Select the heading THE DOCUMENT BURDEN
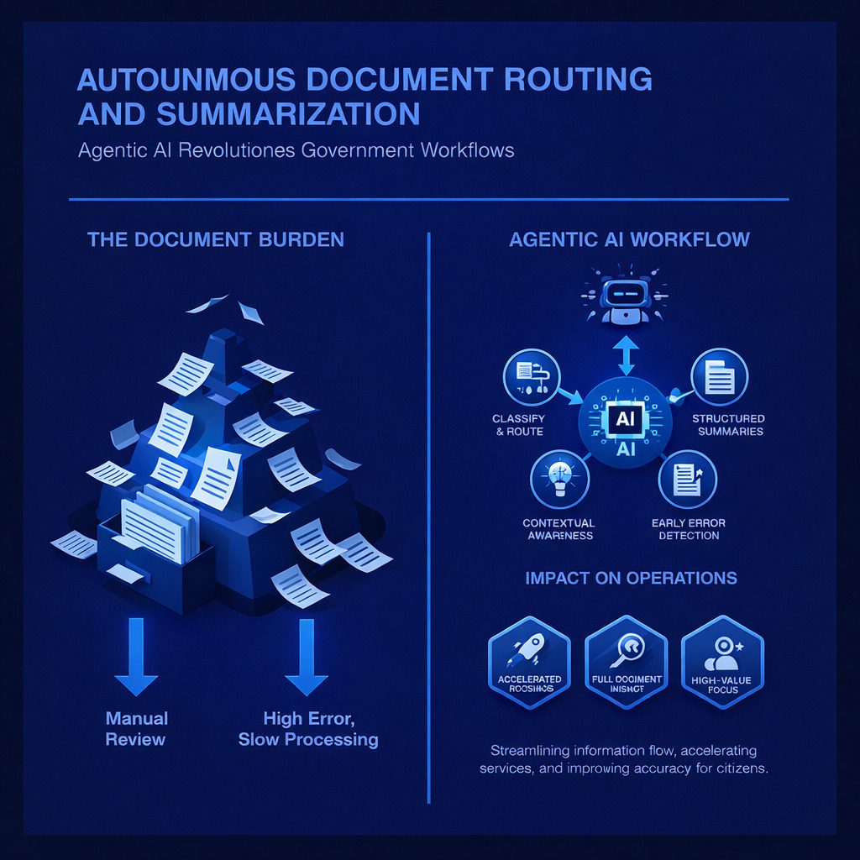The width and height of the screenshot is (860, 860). (x=216, y=239)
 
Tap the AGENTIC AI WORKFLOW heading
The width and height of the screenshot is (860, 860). (x=629, y=239)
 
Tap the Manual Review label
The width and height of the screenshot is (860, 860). (x=137, y=728)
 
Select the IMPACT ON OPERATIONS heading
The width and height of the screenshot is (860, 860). (x=631, y=578)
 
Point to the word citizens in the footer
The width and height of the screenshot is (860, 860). (x=737, y=768)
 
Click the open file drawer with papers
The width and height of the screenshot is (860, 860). (x=151, y=537)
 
